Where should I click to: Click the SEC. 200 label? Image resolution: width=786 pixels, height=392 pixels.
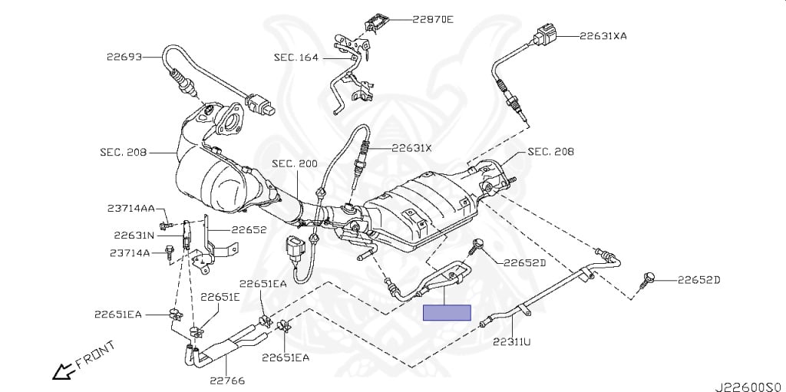(294, 163)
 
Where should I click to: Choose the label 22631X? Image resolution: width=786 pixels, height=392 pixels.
(411, 148)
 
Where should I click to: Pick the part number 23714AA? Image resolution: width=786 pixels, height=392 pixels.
(131, 208)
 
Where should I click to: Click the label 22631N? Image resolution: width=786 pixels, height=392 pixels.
(134, 236)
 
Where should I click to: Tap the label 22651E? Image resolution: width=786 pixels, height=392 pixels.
(221, 296)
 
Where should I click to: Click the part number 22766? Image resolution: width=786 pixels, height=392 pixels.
(226, 378)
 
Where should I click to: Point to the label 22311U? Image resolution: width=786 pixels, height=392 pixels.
(511, 341)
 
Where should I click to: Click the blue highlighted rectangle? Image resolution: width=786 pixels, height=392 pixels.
(447, 312)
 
